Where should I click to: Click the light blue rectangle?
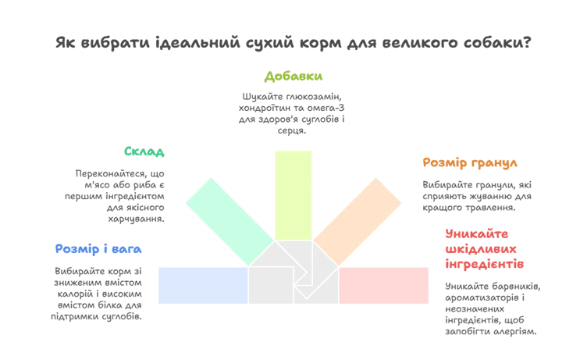point(202,285)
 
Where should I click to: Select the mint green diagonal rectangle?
point(229,221)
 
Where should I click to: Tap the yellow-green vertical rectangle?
point(293,194)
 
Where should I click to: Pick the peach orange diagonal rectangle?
point(357,221)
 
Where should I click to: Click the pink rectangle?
point(384,285)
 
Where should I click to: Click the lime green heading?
point(293,76)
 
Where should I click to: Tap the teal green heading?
point(144,151)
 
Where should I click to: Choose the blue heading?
point(98,250)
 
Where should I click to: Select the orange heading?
point(469,163)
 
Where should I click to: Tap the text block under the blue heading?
point(97,293)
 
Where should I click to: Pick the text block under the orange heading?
point(477,193)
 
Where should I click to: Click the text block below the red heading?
point(493,309)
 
